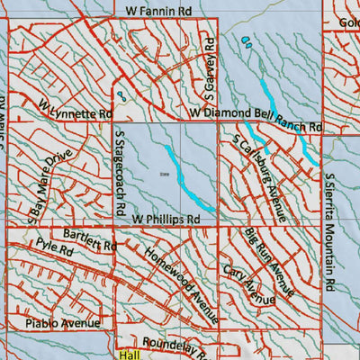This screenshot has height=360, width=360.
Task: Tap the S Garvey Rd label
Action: tap(208, 67)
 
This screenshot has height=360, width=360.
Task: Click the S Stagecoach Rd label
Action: tap(118, 172)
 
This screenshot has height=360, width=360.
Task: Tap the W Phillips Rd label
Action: tap(166, 219)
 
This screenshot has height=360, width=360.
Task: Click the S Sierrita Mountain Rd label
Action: tap(330, 231)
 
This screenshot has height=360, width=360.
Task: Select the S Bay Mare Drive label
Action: tap(50, 185)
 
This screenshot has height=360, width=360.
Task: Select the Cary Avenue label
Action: tap(247, 283)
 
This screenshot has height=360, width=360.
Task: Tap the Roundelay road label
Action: tap(180, 343)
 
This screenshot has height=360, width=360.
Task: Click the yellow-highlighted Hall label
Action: tap(130, 355)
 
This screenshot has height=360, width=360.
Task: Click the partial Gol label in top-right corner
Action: tap(346, 22)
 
